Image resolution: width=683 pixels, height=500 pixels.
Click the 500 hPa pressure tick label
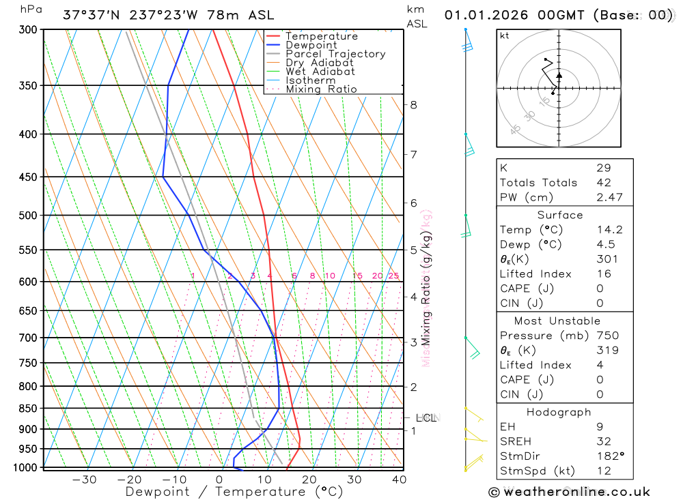click(x=29, y=216)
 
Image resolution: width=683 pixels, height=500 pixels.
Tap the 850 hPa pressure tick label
click(x=29, y=409)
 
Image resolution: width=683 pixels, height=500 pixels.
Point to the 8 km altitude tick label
click(x=414, y=104)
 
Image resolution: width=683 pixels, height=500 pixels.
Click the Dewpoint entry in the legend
click(x=311, y=45)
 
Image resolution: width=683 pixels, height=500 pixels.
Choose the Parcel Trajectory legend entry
click(x=335, y=54)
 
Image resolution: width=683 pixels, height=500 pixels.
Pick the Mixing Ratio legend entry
click(x=321, y=89)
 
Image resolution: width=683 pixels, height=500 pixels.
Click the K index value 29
click(x=603, y=168)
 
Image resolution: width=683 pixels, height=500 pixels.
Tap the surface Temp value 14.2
click(x=609, y=230)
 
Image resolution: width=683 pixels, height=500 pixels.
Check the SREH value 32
click(x=603, y=441)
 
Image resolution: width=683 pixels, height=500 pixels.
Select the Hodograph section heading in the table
click(x=559, y=412)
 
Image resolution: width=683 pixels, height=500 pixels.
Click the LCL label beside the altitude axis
click(x=426, y=417)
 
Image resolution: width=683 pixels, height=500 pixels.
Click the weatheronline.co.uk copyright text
click(x=569, y=492)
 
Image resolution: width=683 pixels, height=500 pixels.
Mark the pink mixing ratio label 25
click(x=393, y=276)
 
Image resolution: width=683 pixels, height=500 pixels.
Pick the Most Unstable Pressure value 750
click(x=607, y=336)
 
